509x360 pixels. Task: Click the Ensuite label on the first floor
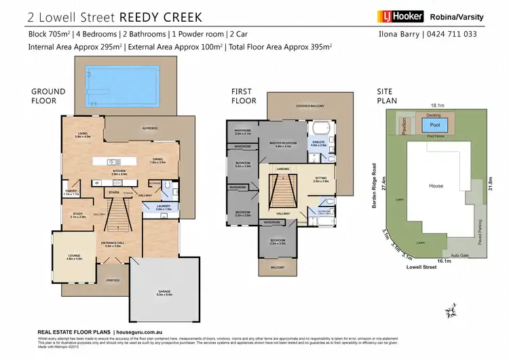point(318,143)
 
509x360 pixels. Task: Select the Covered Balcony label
point(309,106)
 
